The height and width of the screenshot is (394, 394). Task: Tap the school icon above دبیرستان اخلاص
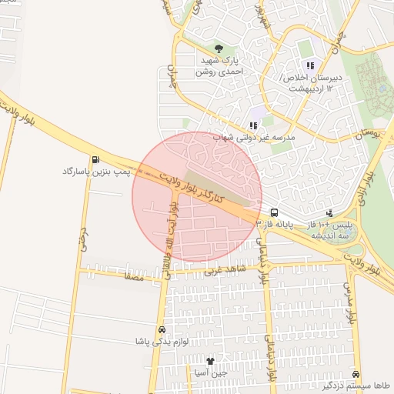311,65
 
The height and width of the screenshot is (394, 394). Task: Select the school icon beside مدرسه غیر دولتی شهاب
252,125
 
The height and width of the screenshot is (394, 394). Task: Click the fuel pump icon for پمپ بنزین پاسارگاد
95,160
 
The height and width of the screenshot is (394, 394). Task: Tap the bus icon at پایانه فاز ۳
274,212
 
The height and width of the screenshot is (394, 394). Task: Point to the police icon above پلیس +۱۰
329,212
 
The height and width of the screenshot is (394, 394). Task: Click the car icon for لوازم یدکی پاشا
162,328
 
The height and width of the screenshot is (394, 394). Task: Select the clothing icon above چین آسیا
210,360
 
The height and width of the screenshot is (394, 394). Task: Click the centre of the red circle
197,197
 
